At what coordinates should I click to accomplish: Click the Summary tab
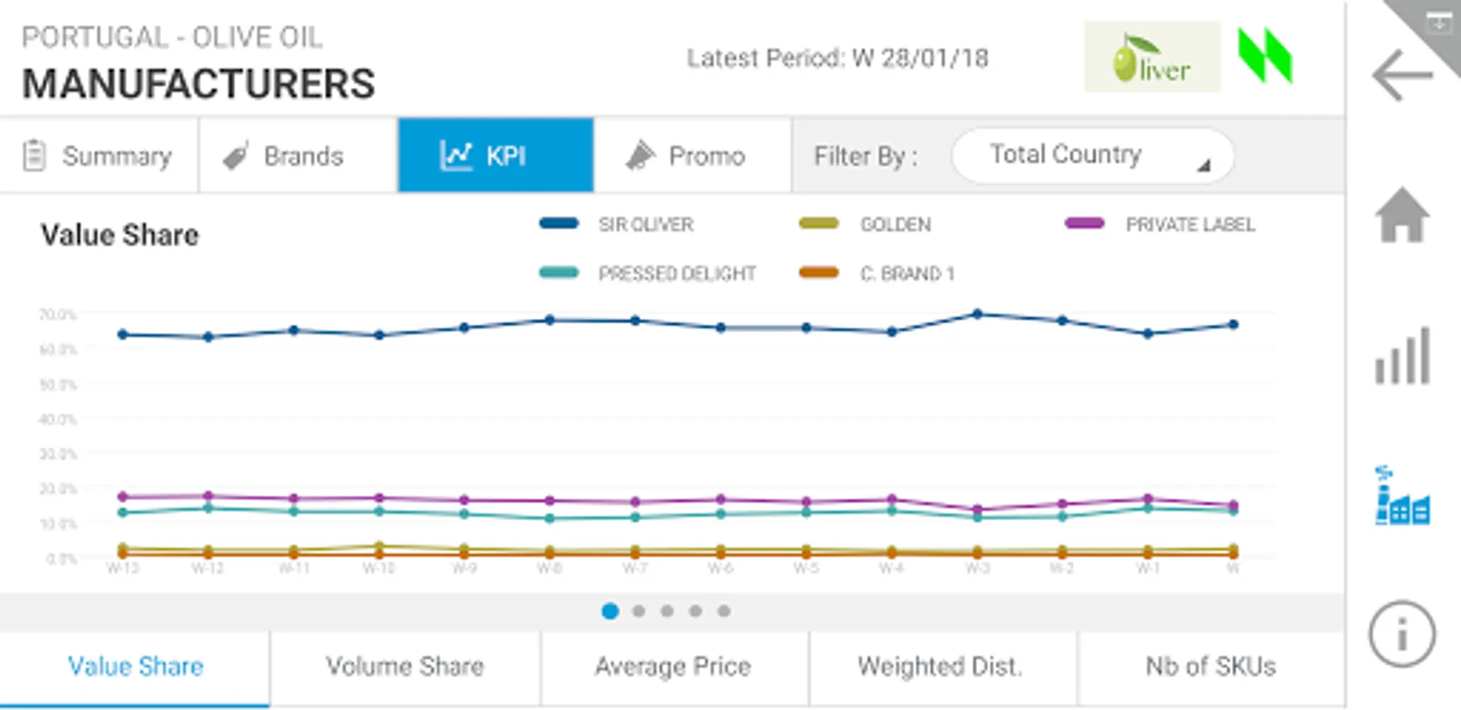[x=99, y=155]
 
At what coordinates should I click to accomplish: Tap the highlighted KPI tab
[x=495, y=155]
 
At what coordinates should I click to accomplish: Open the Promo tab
[x=692, y=155]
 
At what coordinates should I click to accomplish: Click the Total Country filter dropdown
[x=1092, y=155]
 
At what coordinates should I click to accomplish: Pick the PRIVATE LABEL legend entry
[x=1189, y=225]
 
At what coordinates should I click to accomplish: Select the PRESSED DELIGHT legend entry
[x=676, y=274]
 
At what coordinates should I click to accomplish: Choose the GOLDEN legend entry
[x=894, y=225]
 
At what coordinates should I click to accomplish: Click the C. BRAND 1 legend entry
[x=906, y=274]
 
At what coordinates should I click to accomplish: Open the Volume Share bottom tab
[x=405, y=667]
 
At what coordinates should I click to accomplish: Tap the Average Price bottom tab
[x=673, y=667]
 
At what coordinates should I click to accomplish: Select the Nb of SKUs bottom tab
[x=1210, y=667]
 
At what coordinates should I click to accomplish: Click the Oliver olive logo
[x=1152, y=58]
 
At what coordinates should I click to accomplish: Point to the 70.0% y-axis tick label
[x=58, y=314]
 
